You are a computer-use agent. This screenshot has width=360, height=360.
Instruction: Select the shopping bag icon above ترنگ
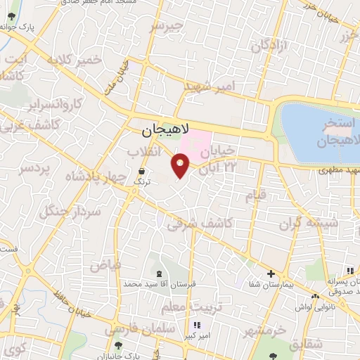pos(143,170)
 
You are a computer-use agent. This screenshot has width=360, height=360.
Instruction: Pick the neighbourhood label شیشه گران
pos(309,224)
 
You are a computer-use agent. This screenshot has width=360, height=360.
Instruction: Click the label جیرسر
pos(167,27)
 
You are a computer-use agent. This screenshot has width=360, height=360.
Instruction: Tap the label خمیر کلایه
pos(74,61)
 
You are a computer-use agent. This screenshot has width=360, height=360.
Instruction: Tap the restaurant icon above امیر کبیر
pos(197,325)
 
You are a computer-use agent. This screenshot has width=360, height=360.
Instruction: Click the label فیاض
pos(106,265)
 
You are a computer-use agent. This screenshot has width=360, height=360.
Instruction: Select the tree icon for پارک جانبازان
pos(118,345)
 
